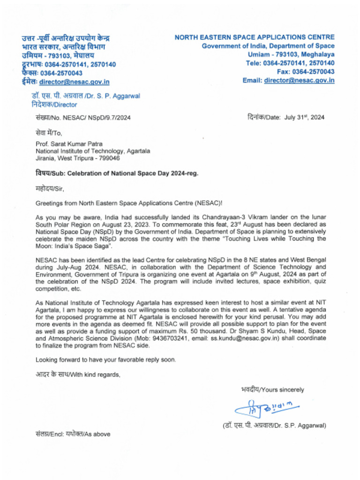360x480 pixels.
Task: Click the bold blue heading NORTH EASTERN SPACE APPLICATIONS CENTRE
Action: [x=255, y=37]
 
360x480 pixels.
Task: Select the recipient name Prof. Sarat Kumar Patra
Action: [x=69, y=144]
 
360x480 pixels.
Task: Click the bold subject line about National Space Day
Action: [x=117, y=173]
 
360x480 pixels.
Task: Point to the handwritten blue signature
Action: [x=266, y=407]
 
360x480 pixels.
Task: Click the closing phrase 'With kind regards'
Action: [x=95, y=374]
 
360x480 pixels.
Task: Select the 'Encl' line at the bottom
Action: [x=73, y=434]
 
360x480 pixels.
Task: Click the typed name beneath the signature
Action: [x=274, y=425]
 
